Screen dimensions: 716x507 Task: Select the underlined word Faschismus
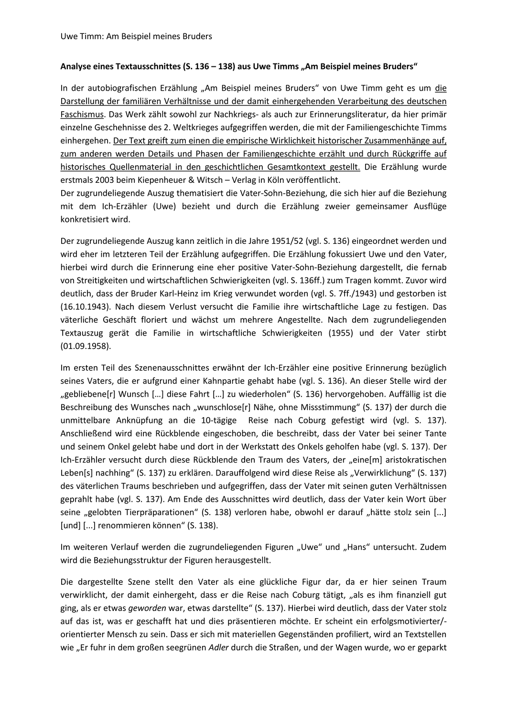pos(82,115)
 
